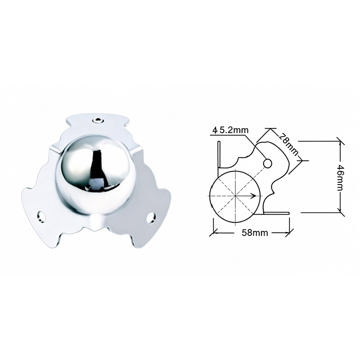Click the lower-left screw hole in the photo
click(41, 216)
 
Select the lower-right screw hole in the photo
click(152, 217)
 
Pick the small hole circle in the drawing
click(267, 163)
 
